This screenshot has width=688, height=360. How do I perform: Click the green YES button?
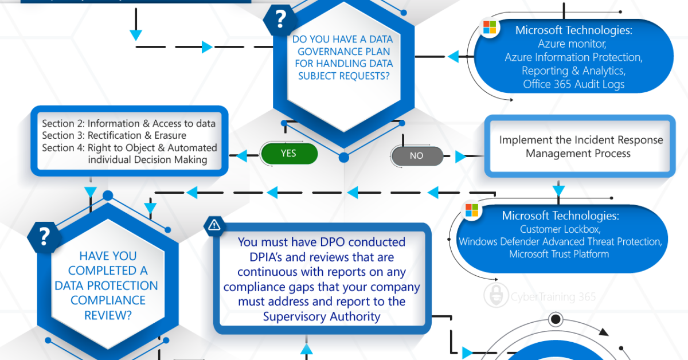(x=289, y=153)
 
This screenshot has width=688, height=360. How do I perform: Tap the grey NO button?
(x=417, y=156)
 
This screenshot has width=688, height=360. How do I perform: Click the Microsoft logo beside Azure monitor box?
(x=490, y=28)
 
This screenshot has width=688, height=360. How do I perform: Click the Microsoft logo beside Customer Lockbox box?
(x=472, y=210)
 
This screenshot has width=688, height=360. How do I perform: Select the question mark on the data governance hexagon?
(x=280, y=19)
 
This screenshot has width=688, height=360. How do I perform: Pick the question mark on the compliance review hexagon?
(x=44, y=237)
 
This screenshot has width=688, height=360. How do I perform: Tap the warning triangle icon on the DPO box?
(x=214, y=225)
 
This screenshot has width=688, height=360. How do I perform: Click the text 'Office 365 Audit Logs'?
(x=573, y=84)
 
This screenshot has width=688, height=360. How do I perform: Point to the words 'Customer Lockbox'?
(x=560, y=229)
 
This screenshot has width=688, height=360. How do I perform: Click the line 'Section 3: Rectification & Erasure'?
(x=114, y=135)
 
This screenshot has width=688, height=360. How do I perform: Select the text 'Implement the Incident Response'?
(x=581, y=140)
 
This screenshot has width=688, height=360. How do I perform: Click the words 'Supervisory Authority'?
(x=322, y=316)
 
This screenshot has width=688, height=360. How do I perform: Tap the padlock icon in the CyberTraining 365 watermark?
(x=496, y=295)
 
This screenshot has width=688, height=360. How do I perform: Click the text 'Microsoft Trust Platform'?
(x=559, y=254)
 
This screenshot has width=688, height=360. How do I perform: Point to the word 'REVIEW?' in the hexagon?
(x=108, y=315)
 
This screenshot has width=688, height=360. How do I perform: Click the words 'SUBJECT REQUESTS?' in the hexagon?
(x=343, y=76)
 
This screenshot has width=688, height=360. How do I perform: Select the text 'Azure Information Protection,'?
(x=573, y=57)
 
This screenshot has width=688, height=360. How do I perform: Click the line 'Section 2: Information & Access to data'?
(x=128, y=123)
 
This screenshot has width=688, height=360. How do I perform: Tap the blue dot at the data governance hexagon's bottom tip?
(x=343, y=158)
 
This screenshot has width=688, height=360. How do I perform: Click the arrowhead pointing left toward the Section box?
(x=242, y=155)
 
